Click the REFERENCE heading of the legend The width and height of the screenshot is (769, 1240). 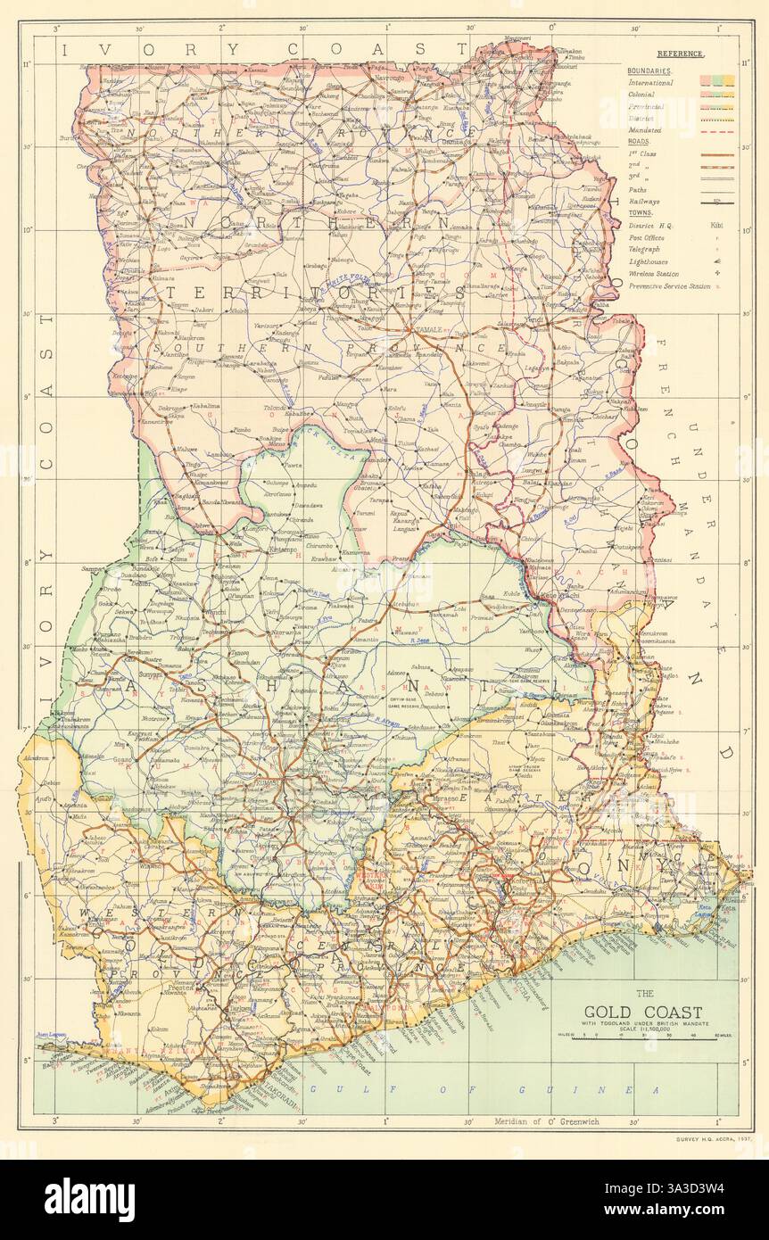coord(679,54)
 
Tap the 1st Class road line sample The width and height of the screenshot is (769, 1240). coord(717,154)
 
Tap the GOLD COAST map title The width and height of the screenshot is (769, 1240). coord(643,1011)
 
